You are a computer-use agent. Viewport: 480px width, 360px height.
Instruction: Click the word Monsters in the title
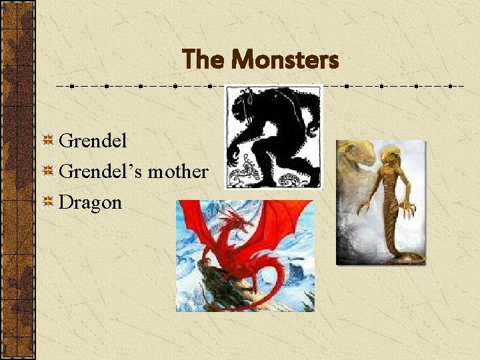click(x=285, y=60)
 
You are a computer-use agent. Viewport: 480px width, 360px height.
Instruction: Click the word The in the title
click(x=205, y=60)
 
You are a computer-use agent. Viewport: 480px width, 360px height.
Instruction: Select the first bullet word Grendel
click(x=93, y=141)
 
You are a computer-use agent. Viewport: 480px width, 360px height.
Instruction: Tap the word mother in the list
click(x=177, y=171)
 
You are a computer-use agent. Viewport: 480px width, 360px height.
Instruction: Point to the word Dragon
click(x=90, y=202)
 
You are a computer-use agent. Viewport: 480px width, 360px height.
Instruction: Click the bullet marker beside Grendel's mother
click(x=48, y=172)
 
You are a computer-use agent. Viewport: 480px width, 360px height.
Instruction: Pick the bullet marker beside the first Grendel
click(x=48, y=141)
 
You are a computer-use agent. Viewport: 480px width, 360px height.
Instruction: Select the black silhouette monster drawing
click(x=273, y=137)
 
